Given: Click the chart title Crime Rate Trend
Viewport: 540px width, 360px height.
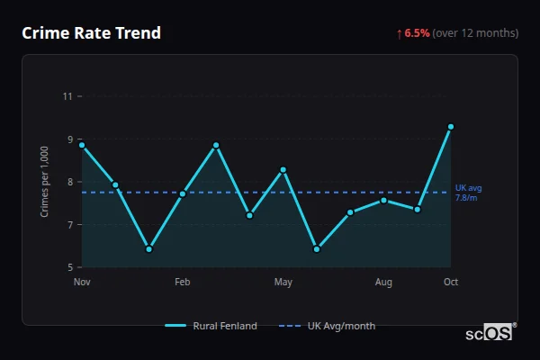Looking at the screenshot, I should tap(91, 33).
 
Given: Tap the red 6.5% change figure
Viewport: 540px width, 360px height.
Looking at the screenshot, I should tap(417, 33).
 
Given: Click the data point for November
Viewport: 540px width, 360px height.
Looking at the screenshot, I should tap(82, 145).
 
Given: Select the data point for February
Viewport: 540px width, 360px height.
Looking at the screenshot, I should tap(183, 193).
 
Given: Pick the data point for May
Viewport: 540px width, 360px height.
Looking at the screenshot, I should tap(283, 170).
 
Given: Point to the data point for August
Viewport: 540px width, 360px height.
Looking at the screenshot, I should tap(384, 200).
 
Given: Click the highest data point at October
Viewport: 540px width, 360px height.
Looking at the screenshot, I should tap(451, 127).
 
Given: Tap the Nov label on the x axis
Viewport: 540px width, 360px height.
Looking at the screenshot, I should tap(82, 283).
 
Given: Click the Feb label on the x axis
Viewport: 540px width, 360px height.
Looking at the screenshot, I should tap(183, 283).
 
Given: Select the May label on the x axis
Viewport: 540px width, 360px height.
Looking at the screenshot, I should tap(283, 283).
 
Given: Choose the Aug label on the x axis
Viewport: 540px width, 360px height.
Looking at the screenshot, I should tap(384, 283).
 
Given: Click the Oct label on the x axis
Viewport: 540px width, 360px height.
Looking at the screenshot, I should tap(451, 283).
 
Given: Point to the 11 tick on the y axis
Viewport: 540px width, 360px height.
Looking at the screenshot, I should tap(67, 96).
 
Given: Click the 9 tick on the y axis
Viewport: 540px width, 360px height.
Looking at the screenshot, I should tap(69, 139).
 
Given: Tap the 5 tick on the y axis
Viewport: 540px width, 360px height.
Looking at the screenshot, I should tap(69, 267).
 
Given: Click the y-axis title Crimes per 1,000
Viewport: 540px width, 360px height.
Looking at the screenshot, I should tap(45, 181).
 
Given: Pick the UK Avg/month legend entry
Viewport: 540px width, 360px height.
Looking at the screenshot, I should tap(328, 326).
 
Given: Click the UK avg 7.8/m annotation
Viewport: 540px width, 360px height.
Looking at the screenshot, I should tap(468, 193).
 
